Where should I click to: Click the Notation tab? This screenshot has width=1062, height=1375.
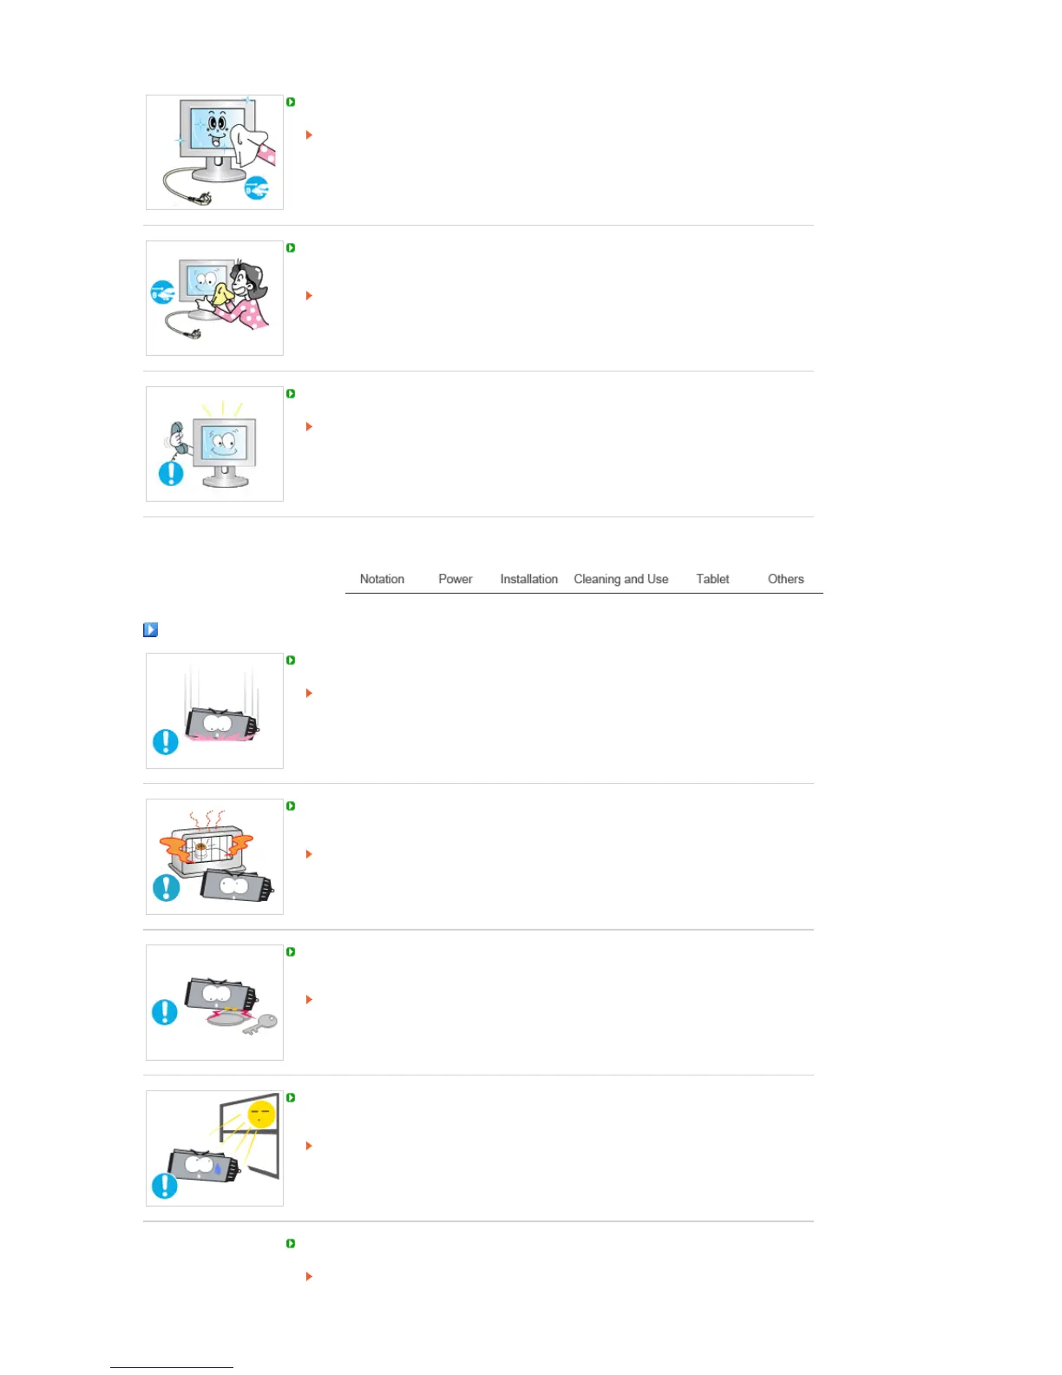pyautogui.click(x=382, y=579)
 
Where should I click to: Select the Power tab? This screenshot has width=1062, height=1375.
pyautogui.click(x=455, y=579)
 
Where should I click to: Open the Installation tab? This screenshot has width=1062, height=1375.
pyautogui.click(x=528, y=579)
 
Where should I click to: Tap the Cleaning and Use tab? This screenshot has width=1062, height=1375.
pyautogui.click(x=620, y=579)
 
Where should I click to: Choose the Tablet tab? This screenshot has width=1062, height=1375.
pyautogui.click(x=712, y=579)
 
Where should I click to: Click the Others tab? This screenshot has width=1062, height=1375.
pyautogui.click(x=785, y=579)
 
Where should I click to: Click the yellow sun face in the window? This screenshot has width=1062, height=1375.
pyautogui.click(x=261, y=1114)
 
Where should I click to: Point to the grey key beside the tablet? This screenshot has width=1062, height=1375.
pyautogui.click(x=261, y=1023)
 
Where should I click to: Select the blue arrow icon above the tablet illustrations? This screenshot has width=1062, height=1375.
pyautogui.click(x=150, y=629)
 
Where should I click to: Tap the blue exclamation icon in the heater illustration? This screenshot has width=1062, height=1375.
pyautogui.click(x=166, y=887)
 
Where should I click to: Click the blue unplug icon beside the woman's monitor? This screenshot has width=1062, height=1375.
pyautogui.click(x=162, y=293)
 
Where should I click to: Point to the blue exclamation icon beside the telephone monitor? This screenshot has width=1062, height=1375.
pyautogui.click(x=171, y=473)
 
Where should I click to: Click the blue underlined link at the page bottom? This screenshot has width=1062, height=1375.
pyautogui.click(x=171, y=1367)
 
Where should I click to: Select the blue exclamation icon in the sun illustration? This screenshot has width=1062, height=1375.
pyautogui.click(x=164, y=1186)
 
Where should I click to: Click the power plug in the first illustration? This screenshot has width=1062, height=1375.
pyautogui.click(x=201, y=199)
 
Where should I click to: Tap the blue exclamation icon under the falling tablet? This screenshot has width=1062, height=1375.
pyautogui.click(x=165, y=741)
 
